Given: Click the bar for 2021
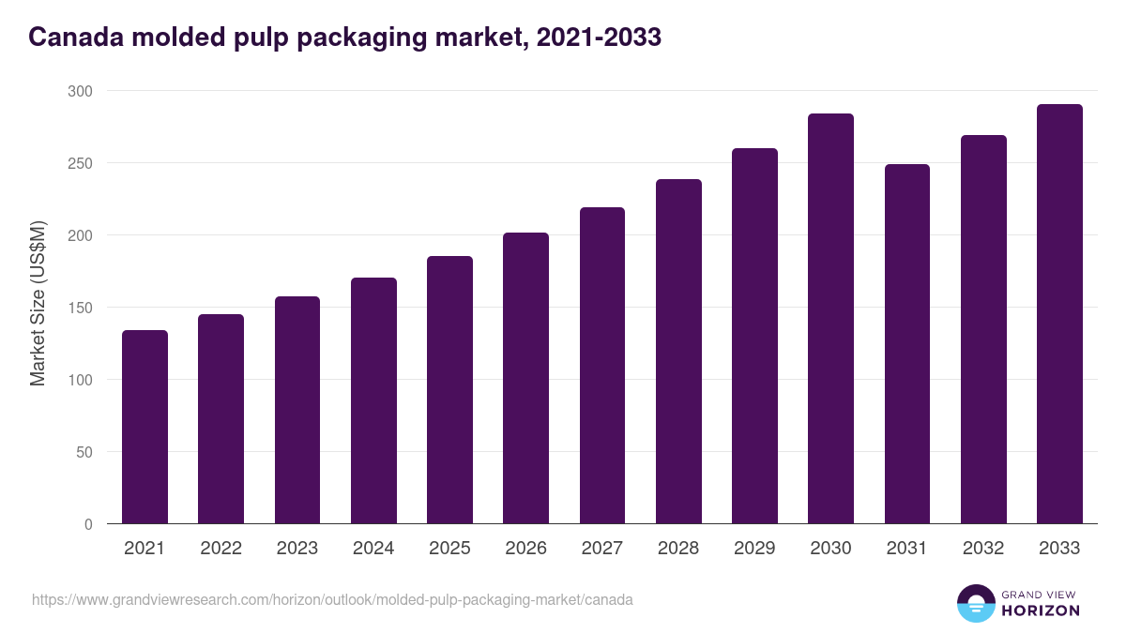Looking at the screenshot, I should tap(145, 427).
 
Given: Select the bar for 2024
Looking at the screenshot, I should tap(373, 400).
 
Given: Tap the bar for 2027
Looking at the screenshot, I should tap(602, 366).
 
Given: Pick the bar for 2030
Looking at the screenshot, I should tap(830, 319).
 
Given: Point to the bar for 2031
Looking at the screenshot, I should tap(907, 344).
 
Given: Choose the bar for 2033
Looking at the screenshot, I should tap(1059, 314).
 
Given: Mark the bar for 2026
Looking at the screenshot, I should tap(525, 378).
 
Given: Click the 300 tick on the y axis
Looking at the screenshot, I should tap(80, 91).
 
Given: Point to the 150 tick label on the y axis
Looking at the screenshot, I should tap(80, 308).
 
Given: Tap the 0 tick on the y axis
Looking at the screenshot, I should tap(88, 524).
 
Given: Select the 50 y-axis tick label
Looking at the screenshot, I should tap(84, 452).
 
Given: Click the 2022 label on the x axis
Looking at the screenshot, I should tap(221, 549).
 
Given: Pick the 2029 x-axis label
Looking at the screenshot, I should tap(754, 549).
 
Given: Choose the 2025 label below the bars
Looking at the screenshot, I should tap(449, 549).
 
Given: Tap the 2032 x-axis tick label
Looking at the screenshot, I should tap(983, 549).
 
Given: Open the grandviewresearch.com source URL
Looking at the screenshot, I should tap(332, 599).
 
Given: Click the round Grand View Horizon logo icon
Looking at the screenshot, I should tap(976, 603).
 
